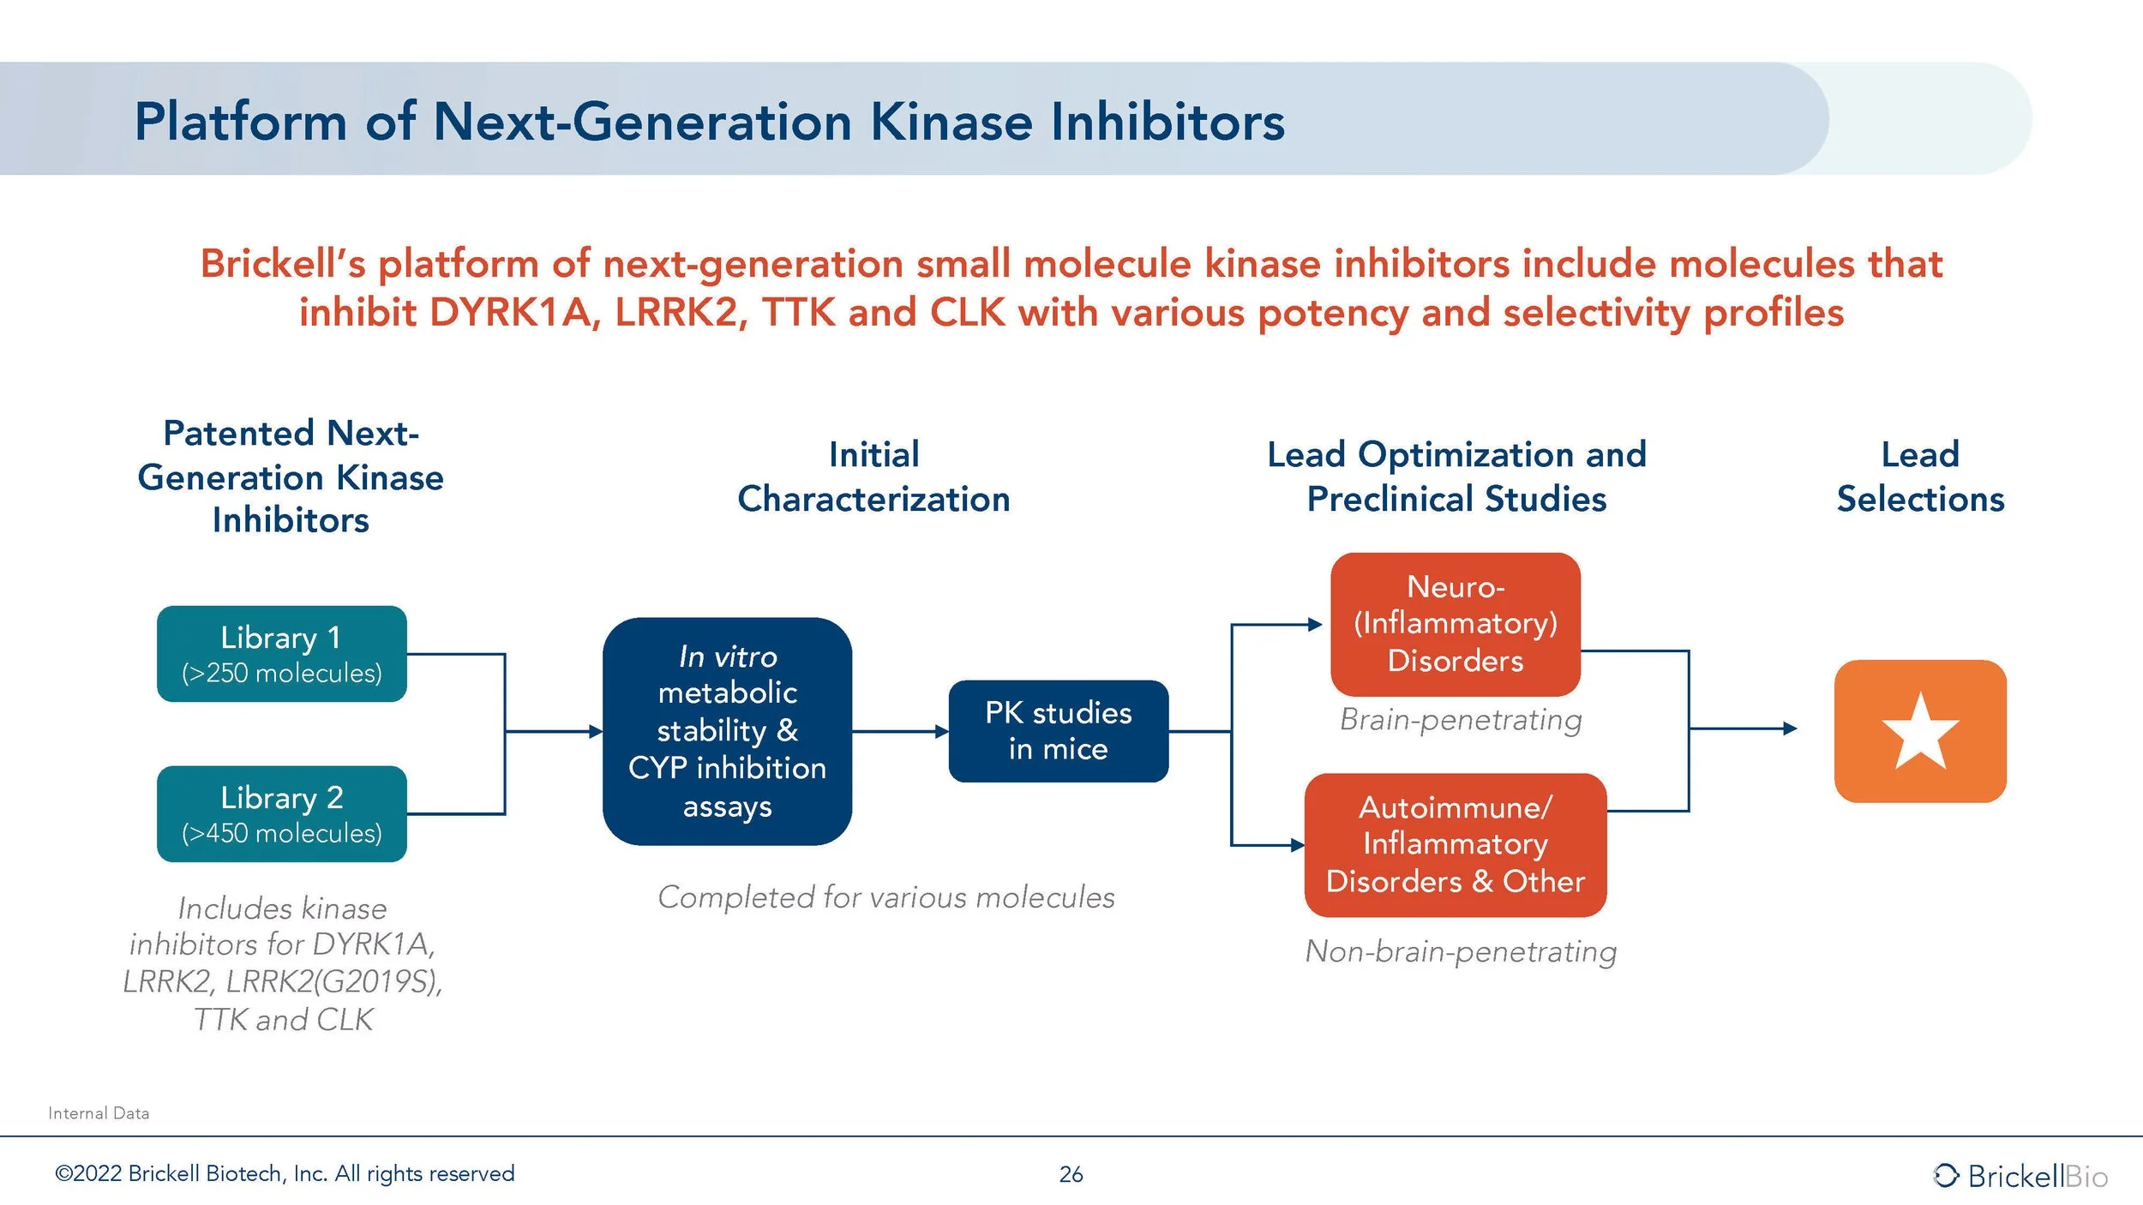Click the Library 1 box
pyautogui.click(x=281, y=654)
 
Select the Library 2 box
pyautogui.click(x=281, y=813)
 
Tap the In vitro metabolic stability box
pyautogui.click(x=727, y=731)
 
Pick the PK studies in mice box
pyautogui.click(x=1058, y=731)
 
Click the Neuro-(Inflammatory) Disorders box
pyautogui.click(x=1455, y=624)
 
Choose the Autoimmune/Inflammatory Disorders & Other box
pyautogui.click(x=1455, y=845)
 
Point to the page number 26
pyautogui.click(x=1071, y=1174)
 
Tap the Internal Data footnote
pyautogui.click(x=99, y=1113)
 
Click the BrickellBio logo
pyautogui.click(x=2020, y=1176)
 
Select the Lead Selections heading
pyautogui.click(x=1920, y=477)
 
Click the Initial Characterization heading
pyautogui.click(x=873, y=477)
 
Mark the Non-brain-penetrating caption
pyautogui.click(x=1461, y=951)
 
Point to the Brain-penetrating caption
pyautogui.click(x=1461, y=720)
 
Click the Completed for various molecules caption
pyautogui.click(x=886, y=897)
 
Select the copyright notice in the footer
pyautogui.click(x=285, y=1173)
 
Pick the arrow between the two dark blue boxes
pyautogui.click(x=900, y=731)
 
